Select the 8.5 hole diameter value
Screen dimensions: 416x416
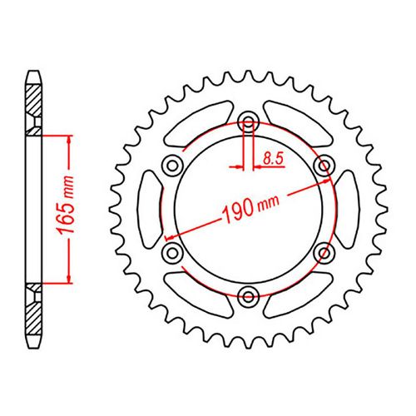[x=272, y=156]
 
